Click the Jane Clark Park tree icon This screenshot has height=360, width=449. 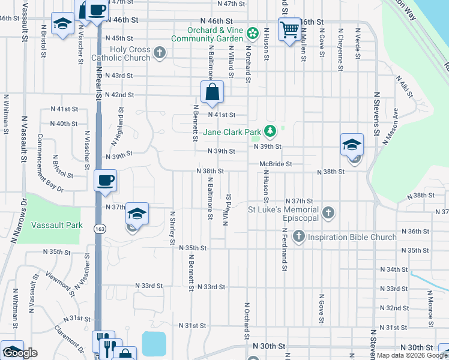[x=271, y=131]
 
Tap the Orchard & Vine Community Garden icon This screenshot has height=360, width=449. [x=253, y=31]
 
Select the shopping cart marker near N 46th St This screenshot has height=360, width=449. [x=290, y=28]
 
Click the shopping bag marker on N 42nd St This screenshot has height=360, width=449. [x=212, y=92]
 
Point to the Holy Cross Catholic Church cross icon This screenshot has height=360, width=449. [x=160, y=53]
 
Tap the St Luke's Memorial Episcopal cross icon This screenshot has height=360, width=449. [x=328, y=212]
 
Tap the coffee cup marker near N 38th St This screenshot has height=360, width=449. [x=106, y=180]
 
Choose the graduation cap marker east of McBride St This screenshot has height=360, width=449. [x=352, y=145]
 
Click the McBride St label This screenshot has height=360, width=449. [x=276, y=164]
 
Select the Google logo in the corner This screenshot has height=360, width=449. [x=20, y=353]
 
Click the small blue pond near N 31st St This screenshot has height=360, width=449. [x=155, y=344]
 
